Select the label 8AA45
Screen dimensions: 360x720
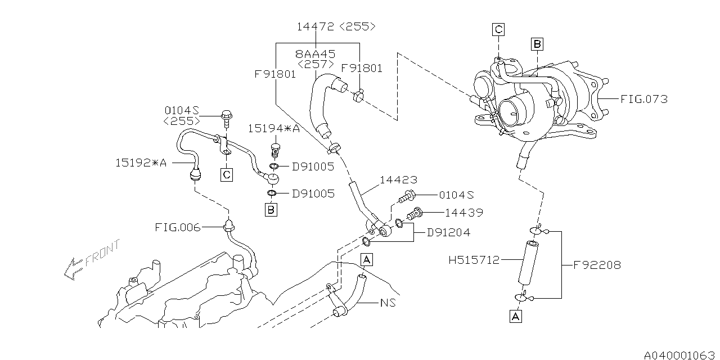click(x=315, y=54)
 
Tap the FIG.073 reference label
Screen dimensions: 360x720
click(x=644, y=99)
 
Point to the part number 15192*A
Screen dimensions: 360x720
click(x=141, y=163)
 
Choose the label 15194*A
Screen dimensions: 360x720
click(x=274, y=128)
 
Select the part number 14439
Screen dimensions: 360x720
click(x=463, y=213)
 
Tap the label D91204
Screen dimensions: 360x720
click(x=448, y=232)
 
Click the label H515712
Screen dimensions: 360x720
click(x=474, y=260)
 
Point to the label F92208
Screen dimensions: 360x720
click(x=597, y=264)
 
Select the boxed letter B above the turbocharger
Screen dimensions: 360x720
click(x=537, y=44)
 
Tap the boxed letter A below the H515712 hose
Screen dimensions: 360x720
click(x=516, y=317)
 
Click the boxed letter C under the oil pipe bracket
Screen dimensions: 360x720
click(x=226, y=175)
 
